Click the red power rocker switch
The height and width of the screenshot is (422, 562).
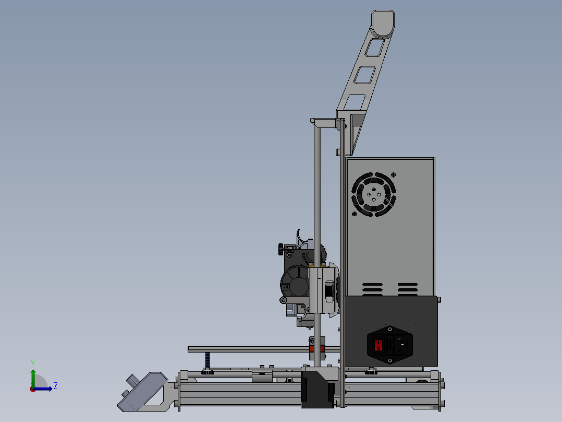point(379,345)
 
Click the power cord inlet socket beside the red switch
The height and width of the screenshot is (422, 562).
point(401,345)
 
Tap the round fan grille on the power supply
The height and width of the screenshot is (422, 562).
point(374,195)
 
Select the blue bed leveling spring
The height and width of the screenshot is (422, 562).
point(207,360)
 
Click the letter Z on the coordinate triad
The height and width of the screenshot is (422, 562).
point(55,386)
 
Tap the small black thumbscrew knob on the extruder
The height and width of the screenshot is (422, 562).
point(282,249)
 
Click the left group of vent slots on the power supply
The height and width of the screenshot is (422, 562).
point(372,288)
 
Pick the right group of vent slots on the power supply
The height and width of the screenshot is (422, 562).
point(407,288)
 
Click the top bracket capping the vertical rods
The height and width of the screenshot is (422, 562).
point(327,123)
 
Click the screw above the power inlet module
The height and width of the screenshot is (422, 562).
point(389,329)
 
